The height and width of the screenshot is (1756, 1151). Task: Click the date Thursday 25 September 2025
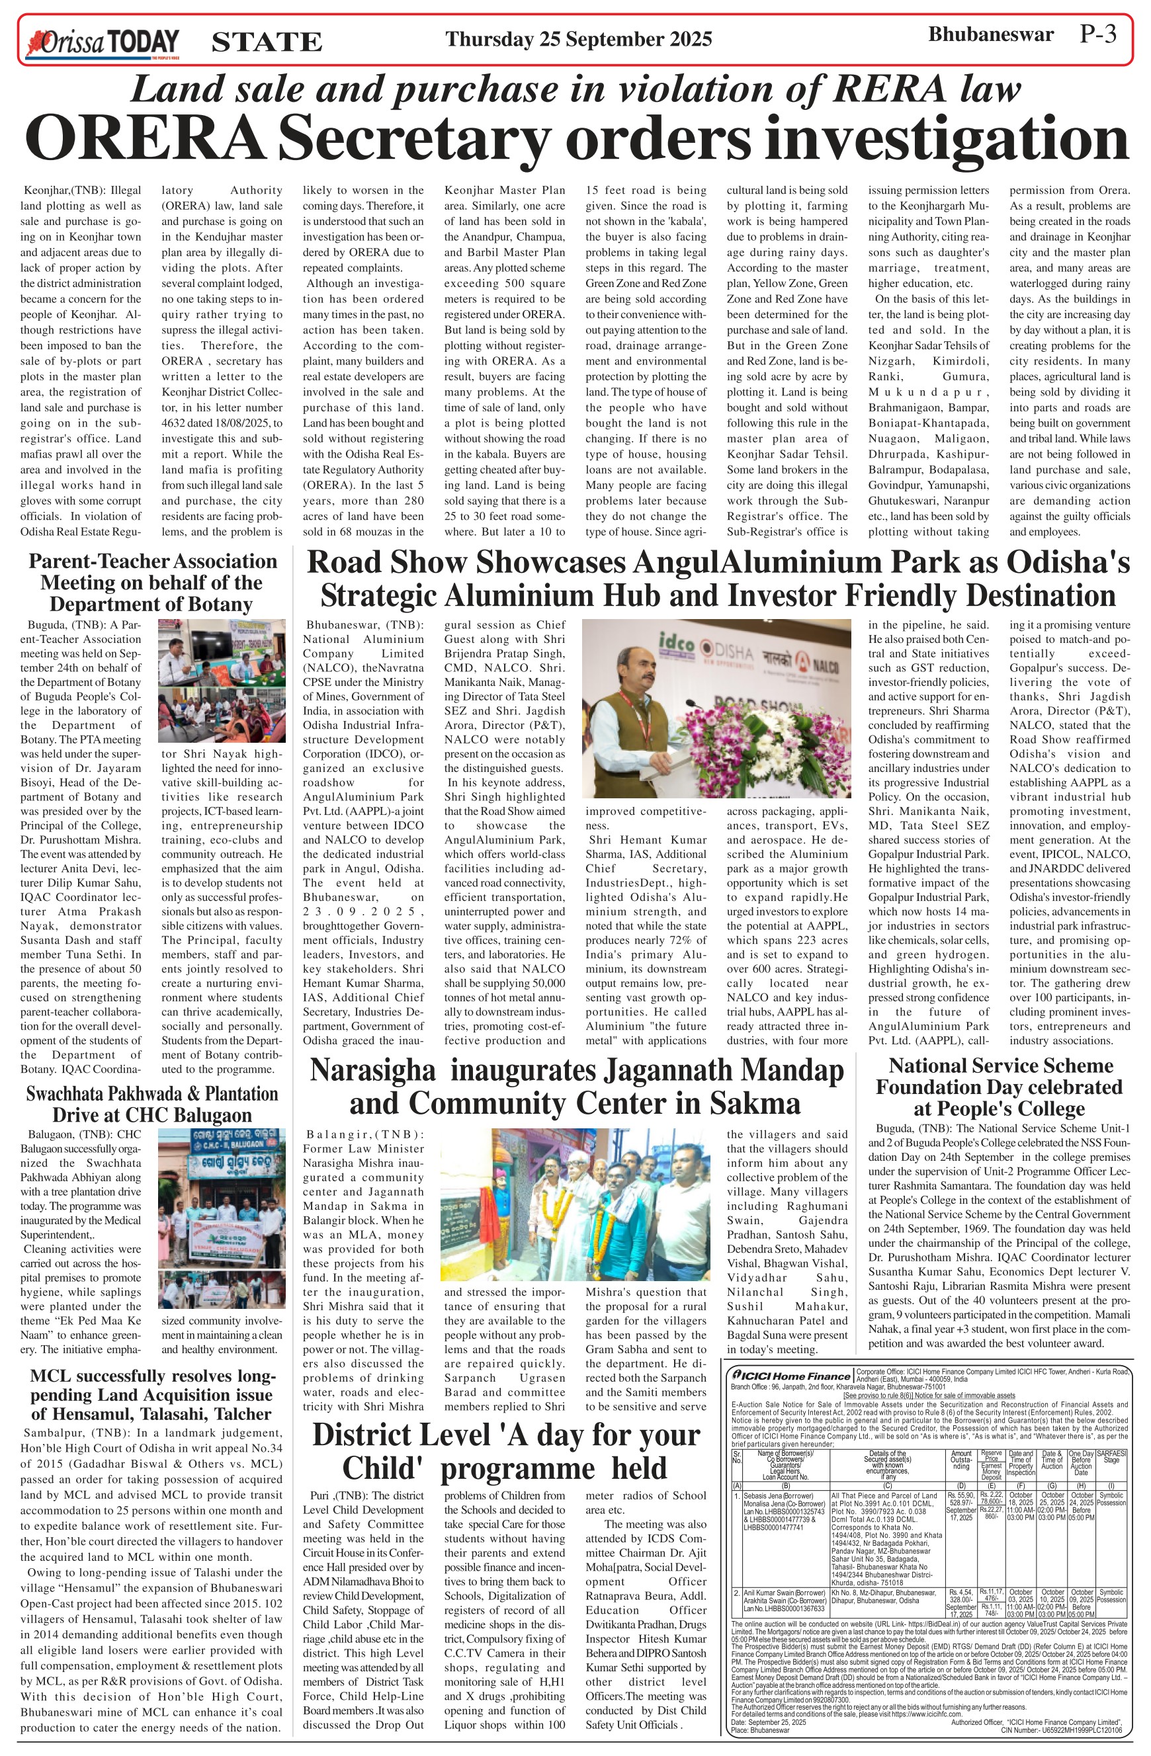(x=578, y=39)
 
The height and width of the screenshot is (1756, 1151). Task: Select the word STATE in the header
(x=267, y=42)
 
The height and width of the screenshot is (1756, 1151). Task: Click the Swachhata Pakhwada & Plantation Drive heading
(x=152, y=1104)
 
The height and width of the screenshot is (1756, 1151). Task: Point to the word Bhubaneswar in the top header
(x=990, y=34)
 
